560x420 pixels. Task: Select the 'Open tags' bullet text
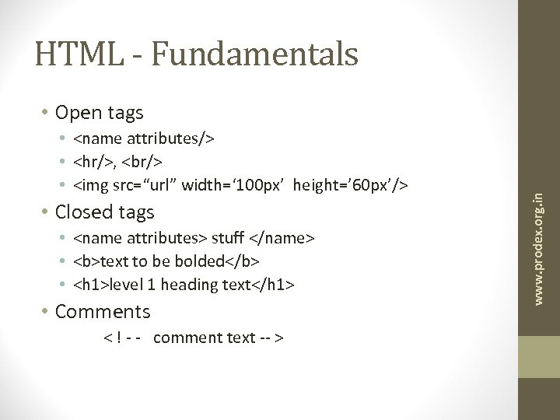pos(100,113)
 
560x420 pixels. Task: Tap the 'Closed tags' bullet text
pos(106,212)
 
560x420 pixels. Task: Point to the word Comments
pos(103,312)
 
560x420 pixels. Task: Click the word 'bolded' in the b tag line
pos(195,261)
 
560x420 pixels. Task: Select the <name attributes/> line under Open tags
pos(145,138)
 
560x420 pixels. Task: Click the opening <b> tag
pos(84,261)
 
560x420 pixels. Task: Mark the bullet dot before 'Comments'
pos(47,312)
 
